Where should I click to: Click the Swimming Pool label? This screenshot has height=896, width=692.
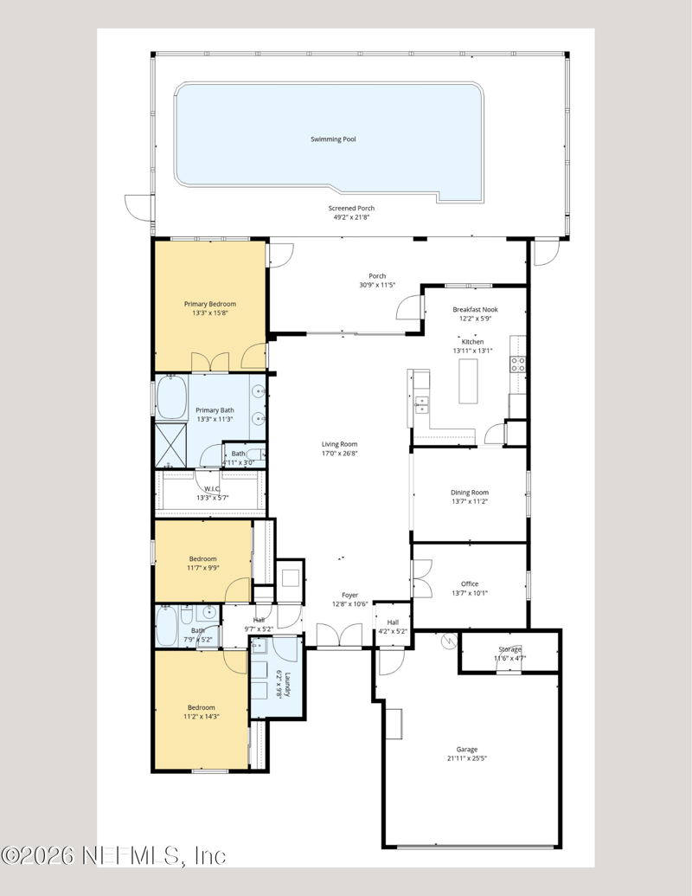tap(334, 139)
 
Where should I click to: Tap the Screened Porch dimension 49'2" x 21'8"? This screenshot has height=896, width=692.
tap(351, 218)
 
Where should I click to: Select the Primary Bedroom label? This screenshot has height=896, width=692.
tap(209, 304)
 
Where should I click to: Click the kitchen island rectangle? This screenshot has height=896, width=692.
tap(469, 382)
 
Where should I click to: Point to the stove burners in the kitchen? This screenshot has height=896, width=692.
tap(518, 364)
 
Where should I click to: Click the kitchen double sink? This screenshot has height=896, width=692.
tap(421, 404)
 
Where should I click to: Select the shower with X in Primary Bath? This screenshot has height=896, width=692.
tap(171, 446)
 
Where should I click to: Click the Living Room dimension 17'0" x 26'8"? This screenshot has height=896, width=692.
tap(339, 453)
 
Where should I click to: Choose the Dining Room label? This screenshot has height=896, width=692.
tap(470, 493)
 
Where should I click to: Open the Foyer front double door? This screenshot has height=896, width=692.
tap(339, 639)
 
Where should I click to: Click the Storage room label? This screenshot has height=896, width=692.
tap(509, 648)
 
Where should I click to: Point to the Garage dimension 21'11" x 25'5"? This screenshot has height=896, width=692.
tap(467, 758)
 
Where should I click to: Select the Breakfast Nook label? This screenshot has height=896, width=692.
tap(472, 309)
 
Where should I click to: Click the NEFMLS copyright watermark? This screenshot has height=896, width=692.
tap(113, 856)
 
